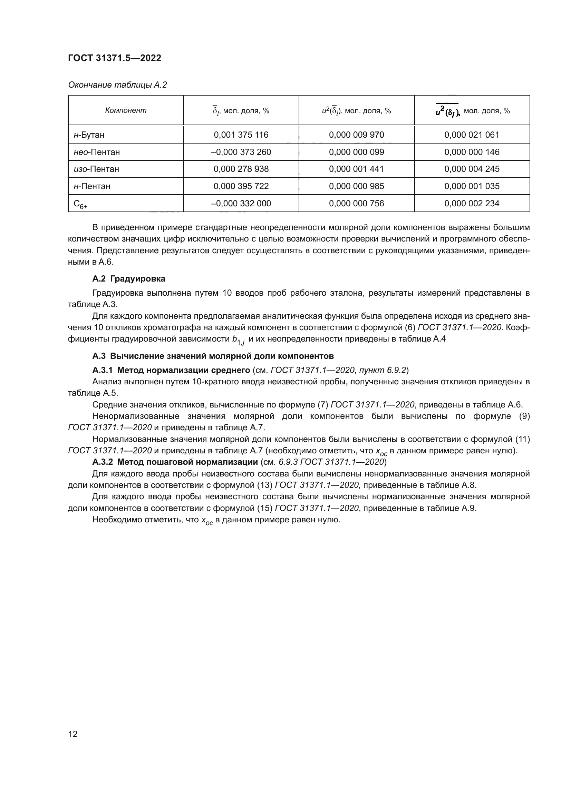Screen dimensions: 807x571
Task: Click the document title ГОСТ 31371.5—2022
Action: point(115,58)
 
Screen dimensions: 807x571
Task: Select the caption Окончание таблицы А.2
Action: point(117,85)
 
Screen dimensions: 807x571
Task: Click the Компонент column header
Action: point(126,110)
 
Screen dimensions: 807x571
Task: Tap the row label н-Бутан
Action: point(89,135)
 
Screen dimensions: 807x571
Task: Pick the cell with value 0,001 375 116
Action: point(241,135)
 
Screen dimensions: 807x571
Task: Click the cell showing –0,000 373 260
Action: point(241,152)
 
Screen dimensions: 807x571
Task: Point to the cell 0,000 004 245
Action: point(472,169)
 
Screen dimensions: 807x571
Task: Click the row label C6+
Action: point(80,204)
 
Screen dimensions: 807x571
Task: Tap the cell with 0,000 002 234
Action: point(472,204)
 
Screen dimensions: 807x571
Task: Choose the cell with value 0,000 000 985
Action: point(356,186)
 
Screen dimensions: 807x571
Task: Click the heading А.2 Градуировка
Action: point(129,279)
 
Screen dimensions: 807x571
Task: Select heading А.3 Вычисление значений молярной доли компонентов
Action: point(213,356)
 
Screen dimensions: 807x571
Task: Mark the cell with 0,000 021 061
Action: point(472,135)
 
